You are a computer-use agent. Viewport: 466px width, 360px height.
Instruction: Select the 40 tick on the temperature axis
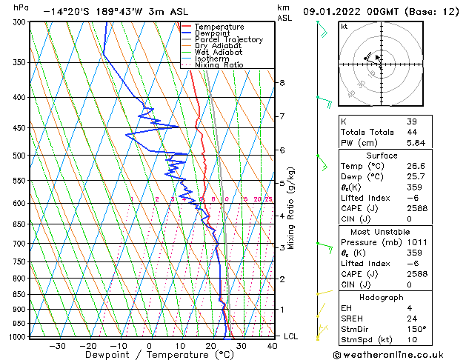[x=273, y=345]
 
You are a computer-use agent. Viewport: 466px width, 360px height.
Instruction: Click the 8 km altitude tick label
[x=282, y=82]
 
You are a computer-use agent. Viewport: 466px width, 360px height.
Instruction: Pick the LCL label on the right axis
[x=292, y=336]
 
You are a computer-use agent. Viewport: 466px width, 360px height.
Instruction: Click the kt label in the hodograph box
[x=344, y=26]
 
